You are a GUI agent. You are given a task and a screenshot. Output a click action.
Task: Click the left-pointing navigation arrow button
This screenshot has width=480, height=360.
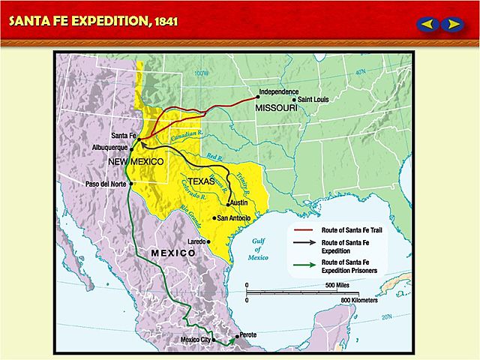[427, 24]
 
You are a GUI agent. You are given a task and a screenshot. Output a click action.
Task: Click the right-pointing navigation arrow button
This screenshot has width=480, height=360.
[451, 24]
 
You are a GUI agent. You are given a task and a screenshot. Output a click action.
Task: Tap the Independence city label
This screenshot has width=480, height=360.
[279, 92]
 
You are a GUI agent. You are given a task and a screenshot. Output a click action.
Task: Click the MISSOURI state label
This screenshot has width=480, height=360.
[277, 108]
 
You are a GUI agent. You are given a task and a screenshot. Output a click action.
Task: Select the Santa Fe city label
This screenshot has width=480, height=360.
[123, 136]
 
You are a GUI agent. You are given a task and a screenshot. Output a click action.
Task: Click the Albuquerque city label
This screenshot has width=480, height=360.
[111, 148]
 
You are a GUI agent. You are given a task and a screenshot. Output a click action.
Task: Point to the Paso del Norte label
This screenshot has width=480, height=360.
[105, 184]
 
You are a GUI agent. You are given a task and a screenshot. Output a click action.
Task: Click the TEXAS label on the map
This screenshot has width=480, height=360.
[200, 181]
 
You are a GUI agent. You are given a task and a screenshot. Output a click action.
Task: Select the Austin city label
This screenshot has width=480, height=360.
[238, 203]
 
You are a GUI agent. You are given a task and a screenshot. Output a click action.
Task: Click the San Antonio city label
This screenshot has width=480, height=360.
[233, 218]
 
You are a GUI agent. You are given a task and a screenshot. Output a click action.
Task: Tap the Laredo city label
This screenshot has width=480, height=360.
[196, 241]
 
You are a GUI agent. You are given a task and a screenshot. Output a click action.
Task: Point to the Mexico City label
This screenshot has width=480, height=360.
[196, 340]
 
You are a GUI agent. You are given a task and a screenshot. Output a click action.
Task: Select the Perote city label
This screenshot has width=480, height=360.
[247, 334]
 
